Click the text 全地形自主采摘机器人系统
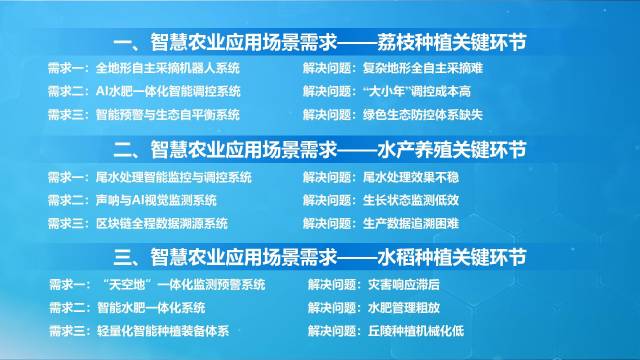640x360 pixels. [168, 69]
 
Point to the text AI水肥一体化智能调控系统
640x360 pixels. [168, 92]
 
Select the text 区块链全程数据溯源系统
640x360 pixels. [161, 222]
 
